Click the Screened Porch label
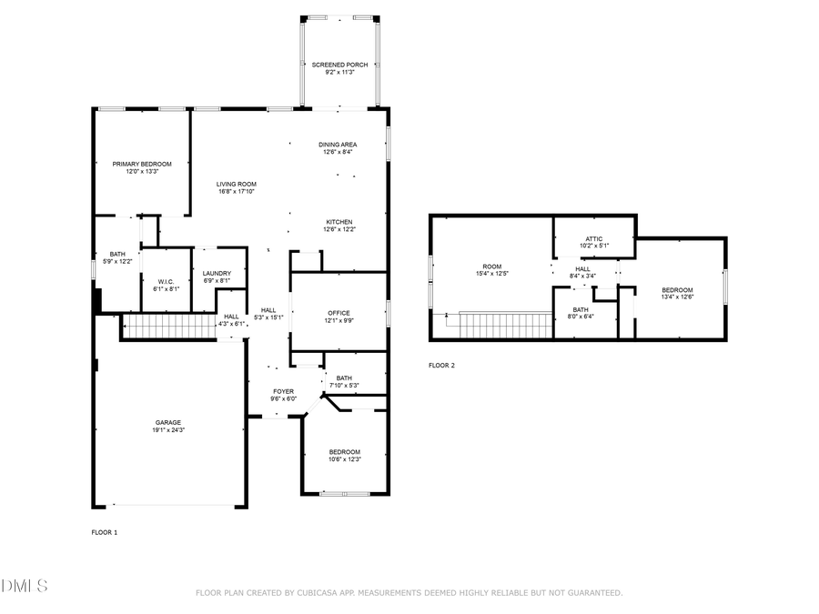point(339,65)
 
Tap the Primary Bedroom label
point(141,164)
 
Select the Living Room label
point(236,184)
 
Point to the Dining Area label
point(338,145)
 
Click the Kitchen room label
point(339,222)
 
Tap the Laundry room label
point(217,273)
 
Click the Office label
point(339,313)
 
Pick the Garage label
point(167,422)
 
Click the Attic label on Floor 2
point(594,238)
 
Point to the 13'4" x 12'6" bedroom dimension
point(677,297)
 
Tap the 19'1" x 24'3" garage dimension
point(167,429)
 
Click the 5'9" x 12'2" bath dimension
point(118,262)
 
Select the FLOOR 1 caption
point(105,532)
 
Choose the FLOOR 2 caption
point(441,366)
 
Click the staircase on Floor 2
point(506,325)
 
